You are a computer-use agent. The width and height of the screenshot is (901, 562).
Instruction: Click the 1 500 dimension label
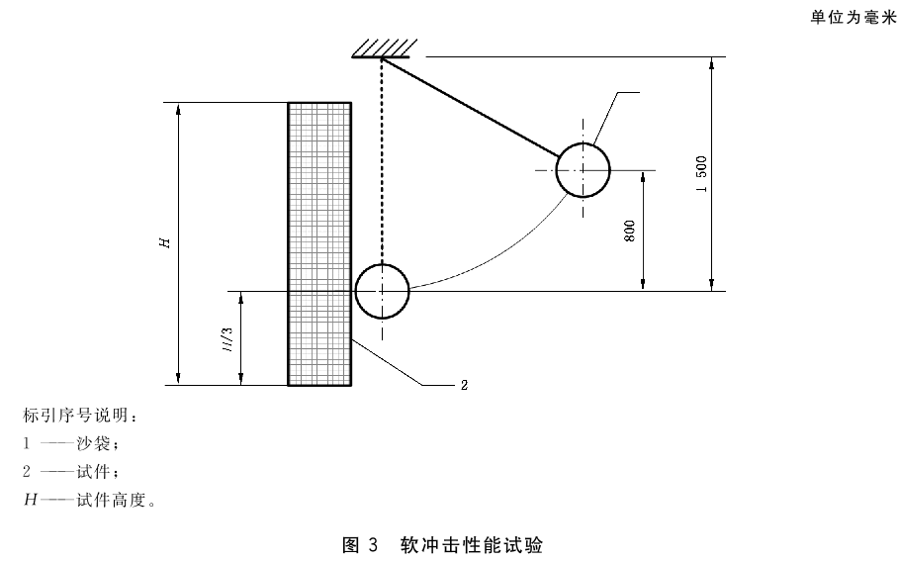click(701, 174)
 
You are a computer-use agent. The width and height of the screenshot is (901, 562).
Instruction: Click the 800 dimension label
click(630, 231)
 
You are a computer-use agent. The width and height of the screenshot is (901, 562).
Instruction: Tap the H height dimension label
click(165, 243)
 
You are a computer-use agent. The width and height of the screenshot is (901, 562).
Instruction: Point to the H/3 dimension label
click(228, 339)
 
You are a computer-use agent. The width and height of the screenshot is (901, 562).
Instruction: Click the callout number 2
click(464, 385)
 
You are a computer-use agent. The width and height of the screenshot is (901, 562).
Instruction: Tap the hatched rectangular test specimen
click(319, 244)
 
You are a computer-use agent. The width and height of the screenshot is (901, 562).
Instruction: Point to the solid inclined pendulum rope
click(471, 107)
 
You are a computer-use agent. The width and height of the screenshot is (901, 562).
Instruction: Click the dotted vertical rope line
click(382, 161)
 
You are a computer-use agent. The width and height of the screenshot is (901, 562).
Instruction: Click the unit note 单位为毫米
click(854, 18)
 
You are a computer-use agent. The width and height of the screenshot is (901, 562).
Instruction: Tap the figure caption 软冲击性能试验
click(472, 545)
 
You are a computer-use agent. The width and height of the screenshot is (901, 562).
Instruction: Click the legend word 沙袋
click(93, 443)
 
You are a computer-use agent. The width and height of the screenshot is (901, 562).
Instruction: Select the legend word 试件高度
click(111, 500)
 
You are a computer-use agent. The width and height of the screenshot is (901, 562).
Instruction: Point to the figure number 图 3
click(360, 545)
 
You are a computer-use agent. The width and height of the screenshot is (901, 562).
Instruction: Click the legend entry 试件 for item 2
click(93, 472)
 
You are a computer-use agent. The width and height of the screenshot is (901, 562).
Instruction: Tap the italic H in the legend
click(30, 500)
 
